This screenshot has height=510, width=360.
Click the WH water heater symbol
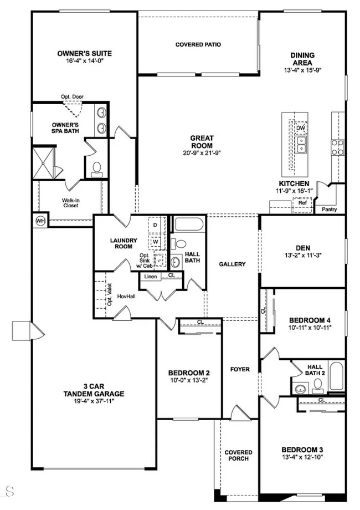coord(39,220)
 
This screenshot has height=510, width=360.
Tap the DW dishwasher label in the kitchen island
coord(301,129)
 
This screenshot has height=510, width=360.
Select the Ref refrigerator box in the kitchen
coord(302,203)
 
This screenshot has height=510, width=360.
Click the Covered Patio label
coord(198,44)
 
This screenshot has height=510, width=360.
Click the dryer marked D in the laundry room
coord(156,225)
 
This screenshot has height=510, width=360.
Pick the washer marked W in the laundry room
coord(156,242)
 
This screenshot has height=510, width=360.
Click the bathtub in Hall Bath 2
coord(336,376)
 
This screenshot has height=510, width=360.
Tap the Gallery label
coord(232,264)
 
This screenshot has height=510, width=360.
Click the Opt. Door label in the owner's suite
coord(72,97)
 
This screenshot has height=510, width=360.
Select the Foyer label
coord(240,369)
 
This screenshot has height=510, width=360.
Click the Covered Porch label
coord(238,455)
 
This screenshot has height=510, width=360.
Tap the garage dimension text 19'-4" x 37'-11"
coord(93,402)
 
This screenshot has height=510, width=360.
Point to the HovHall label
coord(127,297)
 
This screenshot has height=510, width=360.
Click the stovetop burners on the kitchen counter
coord(338,147)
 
